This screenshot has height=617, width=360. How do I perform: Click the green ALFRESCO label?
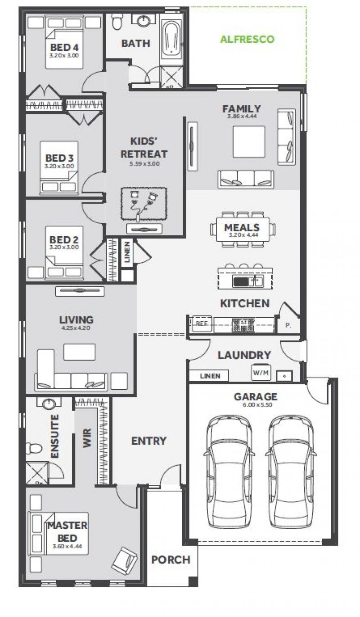click(x=247, y=39)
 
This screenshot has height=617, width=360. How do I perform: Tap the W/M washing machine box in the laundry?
click(x=261, y=373)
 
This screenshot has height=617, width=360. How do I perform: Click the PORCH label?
click(x=171, y=560)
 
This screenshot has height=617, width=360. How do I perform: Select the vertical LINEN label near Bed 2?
click(x=127, y=252)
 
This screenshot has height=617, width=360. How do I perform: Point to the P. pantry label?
click(x=288, y=325)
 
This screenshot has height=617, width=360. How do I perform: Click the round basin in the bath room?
click(x=143, y=21)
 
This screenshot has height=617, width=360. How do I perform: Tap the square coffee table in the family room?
click(x=249, y=142)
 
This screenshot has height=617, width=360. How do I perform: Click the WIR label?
click(x=87, y=438)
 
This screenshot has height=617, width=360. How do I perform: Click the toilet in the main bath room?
click(x=117, y=21)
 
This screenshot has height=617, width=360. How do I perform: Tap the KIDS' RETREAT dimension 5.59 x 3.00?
click(x=144, y=164)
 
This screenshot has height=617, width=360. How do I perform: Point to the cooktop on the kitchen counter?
click(x=243, y=324)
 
